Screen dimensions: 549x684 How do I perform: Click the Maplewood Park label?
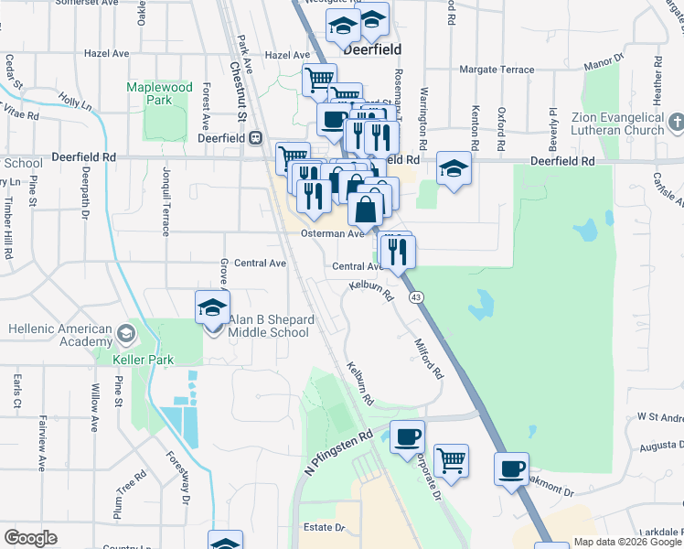[159, 93]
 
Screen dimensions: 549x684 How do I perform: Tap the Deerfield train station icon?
[256, 138]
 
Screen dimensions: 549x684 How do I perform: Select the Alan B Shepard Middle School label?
[270, 326]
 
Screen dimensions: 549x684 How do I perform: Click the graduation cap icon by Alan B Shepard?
[212, 307]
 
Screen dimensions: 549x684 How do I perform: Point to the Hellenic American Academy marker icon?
[125, 329]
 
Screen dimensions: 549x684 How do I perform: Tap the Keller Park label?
[143, 360]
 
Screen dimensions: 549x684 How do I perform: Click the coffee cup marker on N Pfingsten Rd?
[407, 436]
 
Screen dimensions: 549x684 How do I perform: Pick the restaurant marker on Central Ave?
[397, 252]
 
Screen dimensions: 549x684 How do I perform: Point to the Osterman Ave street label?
[333, 233]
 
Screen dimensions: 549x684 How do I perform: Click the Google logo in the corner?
[29, 538]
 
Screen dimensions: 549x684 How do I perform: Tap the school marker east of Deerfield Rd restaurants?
[453, 168]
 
